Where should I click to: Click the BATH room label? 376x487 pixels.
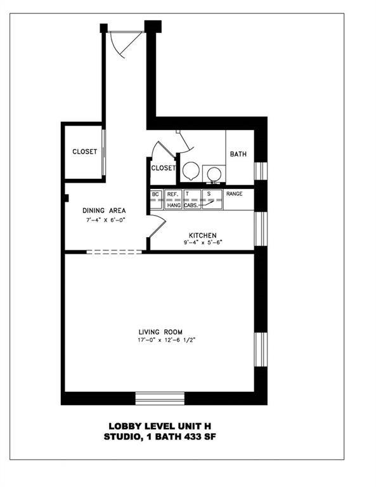click(x=238, y=154)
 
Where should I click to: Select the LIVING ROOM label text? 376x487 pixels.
click(x=161, y=332)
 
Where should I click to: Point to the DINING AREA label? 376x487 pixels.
click(x=104, y=211)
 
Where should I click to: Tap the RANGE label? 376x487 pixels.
click(x=235, y=194)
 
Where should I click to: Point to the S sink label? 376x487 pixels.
click(x=210, y=194)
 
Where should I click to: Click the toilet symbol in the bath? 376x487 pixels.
click(x=190, y=171)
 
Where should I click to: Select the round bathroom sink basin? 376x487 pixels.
click(x=214, y=172)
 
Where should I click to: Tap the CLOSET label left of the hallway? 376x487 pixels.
click(x=84, y=152)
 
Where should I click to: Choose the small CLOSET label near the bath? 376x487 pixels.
click(x=163, y=168)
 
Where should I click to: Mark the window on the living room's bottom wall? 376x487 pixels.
click(x=160, y=398)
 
